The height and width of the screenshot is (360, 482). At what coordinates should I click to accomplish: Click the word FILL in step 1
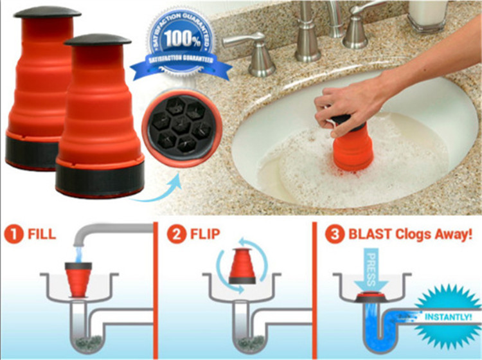(x=42, y=234)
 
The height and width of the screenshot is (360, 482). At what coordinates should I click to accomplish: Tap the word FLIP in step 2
(x=205, y=234)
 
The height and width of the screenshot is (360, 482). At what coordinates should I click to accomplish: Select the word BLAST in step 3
(x=370, y=234)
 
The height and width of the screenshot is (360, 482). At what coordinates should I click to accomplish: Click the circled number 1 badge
(x=14, y=234)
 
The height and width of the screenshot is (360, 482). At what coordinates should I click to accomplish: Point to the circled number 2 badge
(x=177, y=234)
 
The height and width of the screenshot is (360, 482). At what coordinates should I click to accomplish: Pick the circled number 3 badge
(x=335, y=234)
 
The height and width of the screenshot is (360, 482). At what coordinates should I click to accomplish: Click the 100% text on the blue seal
(x=183, y=38)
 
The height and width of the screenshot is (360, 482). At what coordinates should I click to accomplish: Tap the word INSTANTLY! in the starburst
(x=448, y=317)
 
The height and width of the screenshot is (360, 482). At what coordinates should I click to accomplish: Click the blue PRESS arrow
(x=371, y=269)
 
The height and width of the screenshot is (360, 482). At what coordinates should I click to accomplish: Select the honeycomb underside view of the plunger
(x=182, y=128)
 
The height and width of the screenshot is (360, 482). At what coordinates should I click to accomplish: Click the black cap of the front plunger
(x=98, y=40)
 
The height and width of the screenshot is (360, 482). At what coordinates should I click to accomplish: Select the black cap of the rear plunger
(x=48, y=12)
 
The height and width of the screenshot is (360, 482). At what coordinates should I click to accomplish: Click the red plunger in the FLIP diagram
(x=242, y=266)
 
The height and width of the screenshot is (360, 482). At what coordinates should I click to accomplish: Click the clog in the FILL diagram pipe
(x=89, y=342)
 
